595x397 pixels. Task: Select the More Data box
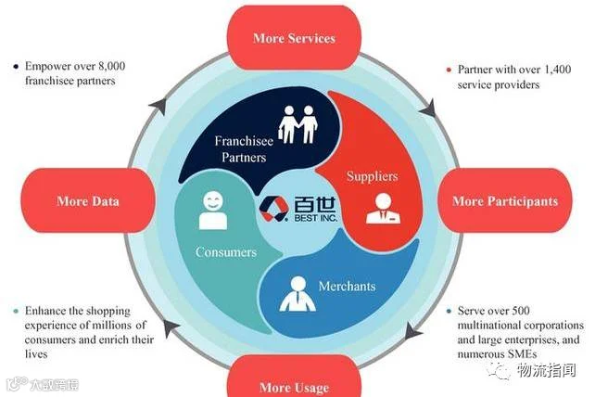point(88,201)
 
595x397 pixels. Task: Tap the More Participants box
point(504,200)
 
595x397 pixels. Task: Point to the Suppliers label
point(372,174)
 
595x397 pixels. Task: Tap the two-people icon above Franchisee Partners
point(297,125)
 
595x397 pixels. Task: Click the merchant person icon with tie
point(297,294)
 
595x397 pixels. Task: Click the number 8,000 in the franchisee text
point(117,66)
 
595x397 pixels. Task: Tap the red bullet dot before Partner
point(449,70)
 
